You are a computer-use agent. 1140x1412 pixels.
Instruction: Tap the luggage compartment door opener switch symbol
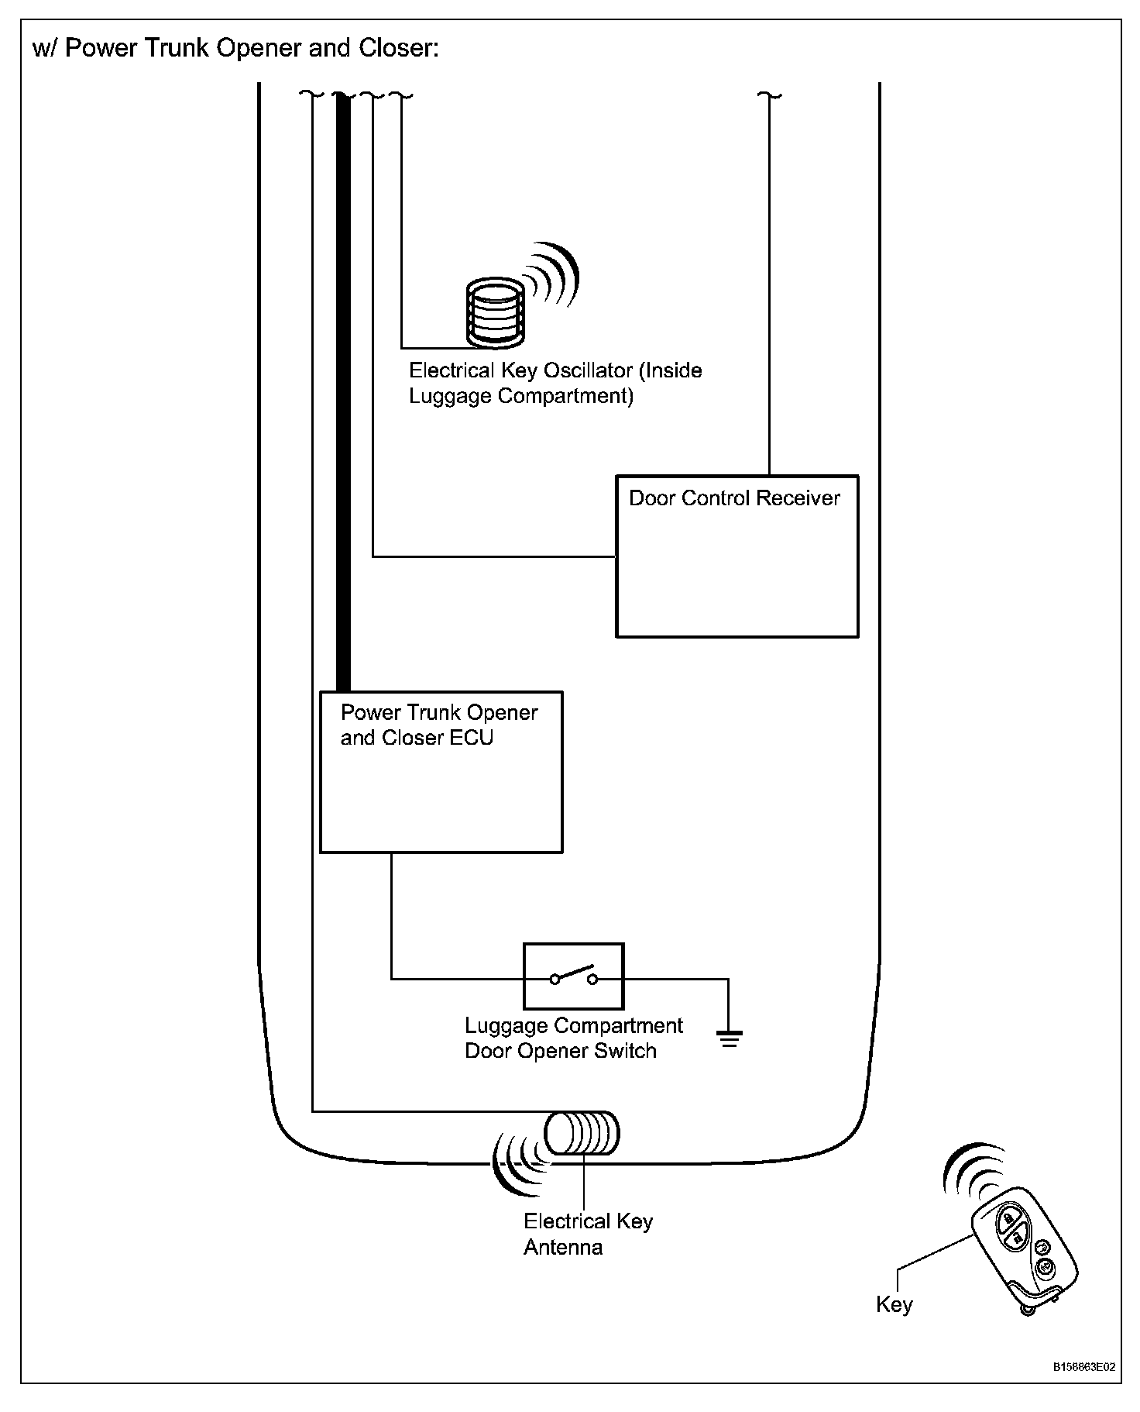(573, 976)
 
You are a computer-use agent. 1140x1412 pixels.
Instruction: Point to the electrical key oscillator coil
(495, 312)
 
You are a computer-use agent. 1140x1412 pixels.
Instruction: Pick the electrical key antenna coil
(582, 1135)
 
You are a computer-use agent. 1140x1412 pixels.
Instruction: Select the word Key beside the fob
(894, 1305)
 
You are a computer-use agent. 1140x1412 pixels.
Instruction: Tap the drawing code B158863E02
(1083, 1366)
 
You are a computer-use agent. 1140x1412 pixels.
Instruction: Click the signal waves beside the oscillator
(552, 276)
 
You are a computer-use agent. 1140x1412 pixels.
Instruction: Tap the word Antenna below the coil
(563, 1248)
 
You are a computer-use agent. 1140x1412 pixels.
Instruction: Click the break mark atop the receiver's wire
(769, 95)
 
